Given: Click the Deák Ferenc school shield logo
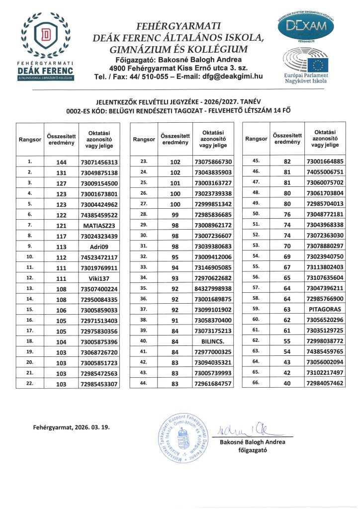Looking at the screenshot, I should (x=46, y=36).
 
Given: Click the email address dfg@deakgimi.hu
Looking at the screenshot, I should (x=231, y=77).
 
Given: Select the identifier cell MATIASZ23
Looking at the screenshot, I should (x=98, y=225).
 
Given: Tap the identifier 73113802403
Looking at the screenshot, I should (x=325, y=267).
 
